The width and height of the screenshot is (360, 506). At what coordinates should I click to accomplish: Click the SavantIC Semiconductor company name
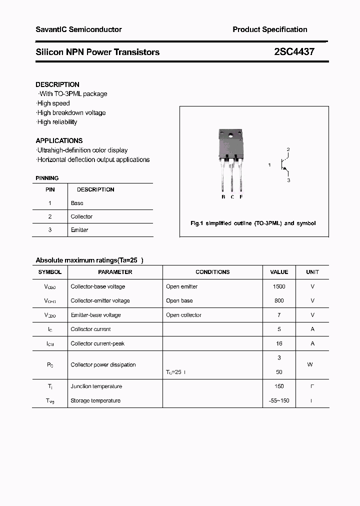point(78,29)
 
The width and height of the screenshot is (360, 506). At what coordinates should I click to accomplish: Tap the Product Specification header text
point(269,29)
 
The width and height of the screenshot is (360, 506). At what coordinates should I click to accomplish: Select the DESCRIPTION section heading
point(57,84)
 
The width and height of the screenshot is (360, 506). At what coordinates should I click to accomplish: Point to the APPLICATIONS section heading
point(59,140)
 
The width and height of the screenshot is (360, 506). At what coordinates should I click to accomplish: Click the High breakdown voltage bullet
point(71,112)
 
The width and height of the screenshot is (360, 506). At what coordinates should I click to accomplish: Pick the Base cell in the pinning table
point(77,203)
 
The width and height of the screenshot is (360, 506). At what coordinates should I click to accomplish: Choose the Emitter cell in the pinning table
point(79,230)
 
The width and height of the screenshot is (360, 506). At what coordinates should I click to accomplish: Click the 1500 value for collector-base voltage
point(279,286)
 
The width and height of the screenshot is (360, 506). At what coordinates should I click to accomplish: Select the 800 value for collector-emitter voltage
point(279,300)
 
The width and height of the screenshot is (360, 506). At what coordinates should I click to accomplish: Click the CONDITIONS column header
point(212,272)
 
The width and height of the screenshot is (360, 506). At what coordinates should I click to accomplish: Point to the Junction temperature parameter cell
point(96,386)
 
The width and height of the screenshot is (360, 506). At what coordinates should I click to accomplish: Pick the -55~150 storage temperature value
point(279,400)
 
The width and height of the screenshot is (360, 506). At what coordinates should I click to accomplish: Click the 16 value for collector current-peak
point(279,343)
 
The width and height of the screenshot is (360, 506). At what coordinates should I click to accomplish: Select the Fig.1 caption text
point(253,223)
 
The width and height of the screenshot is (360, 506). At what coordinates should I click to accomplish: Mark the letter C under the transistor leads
point(232,197)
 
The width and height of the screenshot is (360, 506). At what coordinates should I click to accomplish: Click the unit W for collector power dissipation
point(310,364)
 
